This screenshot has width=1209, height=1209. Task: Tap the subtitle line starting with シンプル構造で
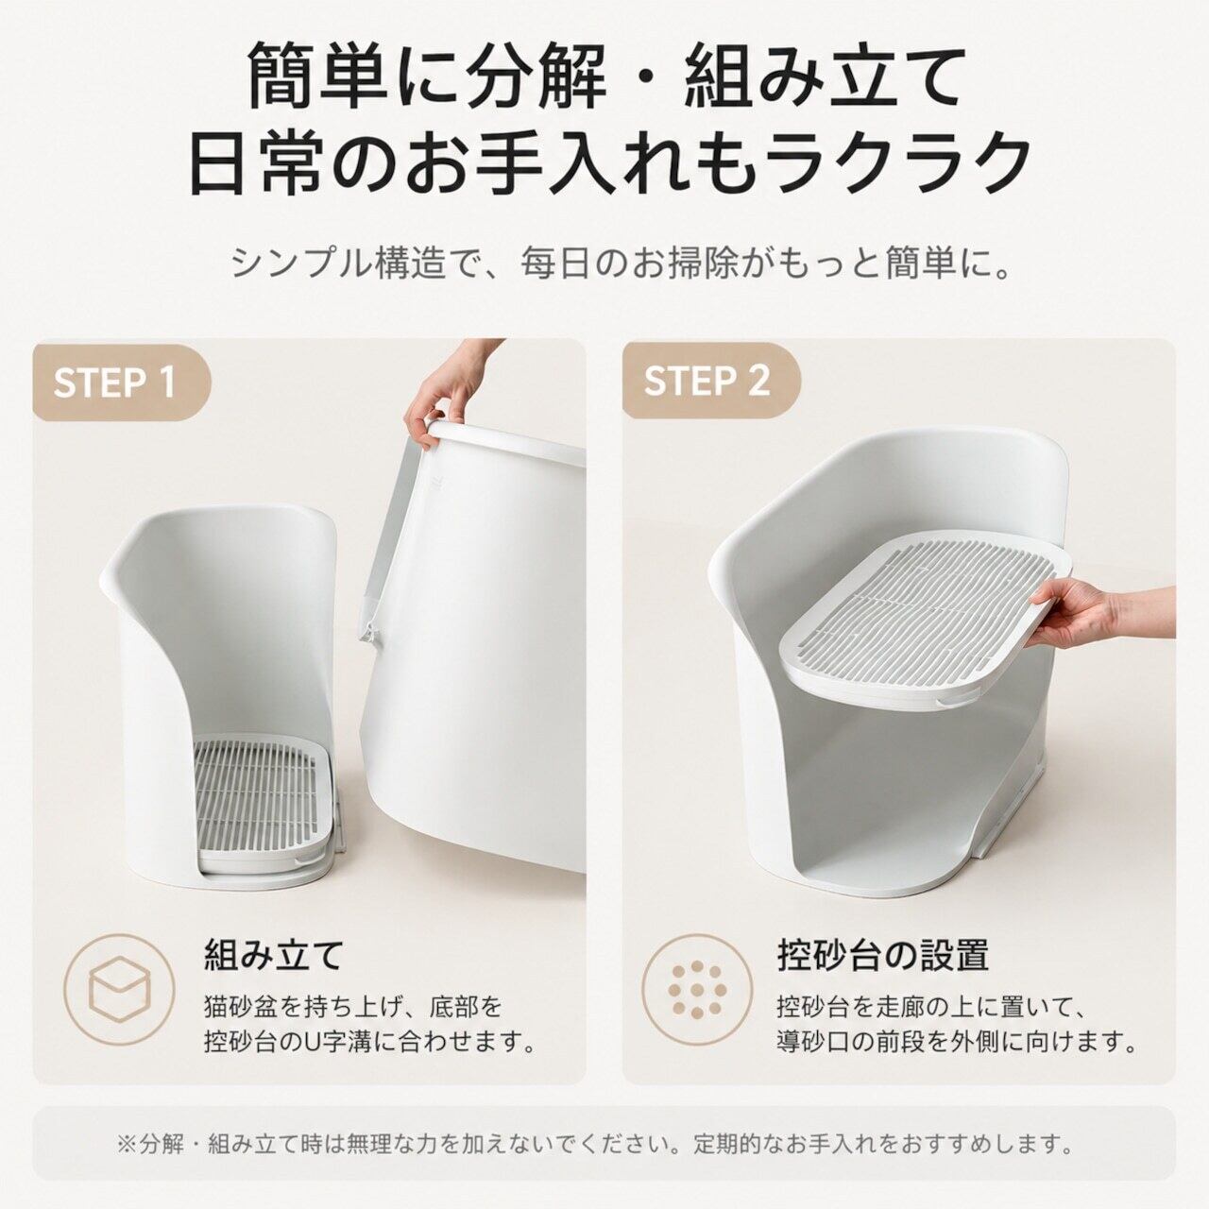pos(622,264)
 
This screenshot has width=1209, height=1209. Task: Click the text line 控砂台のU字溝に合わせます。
pos(370,1042)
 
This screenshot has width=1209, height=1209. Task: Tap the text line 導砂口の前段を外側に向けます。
pos(957,1042)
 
